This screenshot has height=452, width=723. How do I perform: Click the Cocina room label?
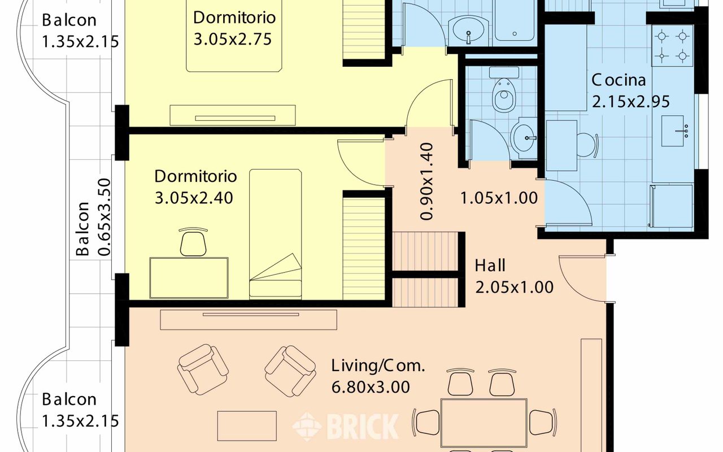pos(619,80)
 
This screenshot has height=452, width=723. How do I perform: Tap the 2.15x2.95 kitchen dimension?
pos(631,102)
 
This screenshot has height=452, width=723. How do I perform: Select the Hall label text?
pos(490,266)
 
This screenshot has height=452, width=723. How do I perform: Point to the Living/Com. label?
pos(378,366)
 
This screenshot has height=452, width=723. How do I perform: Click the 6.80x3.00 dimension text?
pos(371,387)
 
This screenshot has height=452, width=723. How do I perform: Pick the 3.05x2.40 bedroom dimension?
pos(194,198)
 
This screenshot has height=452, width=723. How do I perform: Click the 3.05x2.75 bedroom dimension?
pos(232,39)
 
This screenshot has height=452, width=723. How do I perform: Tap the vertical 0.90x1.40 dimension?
pos(426,181)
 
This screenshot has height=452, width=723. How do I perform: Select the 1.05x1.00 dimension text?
pos(499,198)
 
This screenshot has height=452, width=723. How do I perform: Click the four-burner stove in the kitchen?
pos(672,46)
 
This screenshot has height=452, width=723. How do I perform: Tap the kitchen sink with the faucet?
pos(673,131)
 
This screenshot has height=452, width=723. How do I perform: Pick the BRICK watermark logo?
pos(346,427)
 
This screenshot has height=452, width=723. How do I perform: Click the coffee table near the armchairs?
pos(247,426)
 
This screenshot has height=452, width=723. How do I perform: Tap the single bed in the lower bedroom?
pos(275,234)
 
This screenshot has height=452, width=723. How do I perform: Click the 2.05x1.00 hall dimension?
pos(514,287)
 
